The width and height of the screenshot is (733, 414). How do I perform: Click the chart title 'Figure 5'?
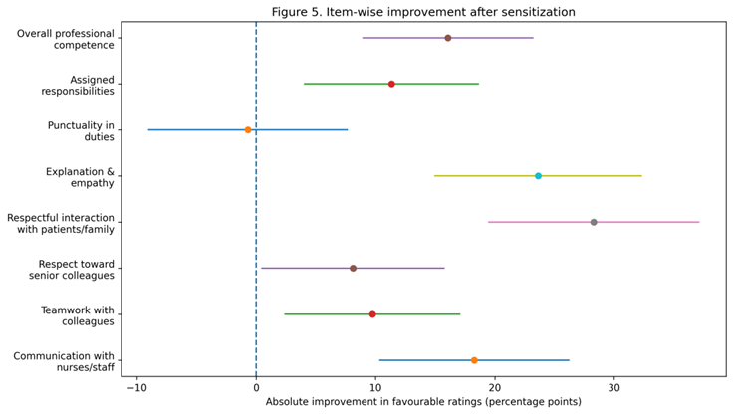click(423, 12)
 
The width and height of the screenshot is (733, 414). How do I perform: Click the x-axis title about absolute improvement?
click(423, 402)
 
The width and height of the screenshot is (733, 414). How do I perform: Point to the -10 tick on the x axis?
click(137, 387)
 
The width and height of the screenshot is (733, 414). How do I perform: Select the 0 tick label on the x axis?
click(256, 387)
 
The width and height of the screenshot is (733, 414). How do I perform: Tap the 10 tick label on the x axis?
click(375, 387)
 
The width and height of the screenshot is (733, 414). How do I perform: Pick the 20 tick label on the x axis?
click(495, 387)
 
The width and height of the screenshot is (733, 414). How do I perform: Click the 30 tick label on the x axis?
click(613, 387)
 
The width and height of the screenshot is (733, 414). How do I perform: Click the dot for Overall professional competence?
click(448, 38)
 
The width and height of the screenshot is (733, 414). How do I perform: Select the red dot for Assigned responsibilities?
click(391, 84)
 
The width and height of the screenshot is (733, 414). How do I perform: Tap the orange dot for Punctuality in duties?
click(248, 130)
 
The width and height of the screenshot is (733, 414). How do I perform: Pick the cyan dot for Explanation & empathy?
click(538, 176)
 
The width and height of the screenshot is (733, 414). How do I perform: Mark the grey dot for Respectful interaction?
click(594, 222)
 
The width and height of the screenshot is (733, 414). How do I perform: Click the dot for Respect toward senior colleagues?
click(353, 269)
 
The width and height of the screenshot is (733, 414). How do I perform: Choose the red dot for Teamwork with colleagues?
click(372, 314)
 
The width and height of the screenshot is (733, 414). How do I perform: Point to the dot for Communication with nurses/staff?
click(474, 360)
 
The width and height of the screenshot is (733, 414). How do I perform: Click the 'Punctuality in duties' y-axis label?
click(81, 131)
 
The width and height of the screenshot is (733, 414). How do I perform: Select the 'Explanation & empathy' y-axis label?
click(80, 177)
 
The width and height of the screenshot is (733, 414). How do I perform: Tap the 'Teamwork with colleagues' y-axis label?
click(78, 315)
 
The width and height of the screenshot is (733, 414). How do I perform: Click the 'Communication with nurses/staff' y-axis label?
click(64, 361)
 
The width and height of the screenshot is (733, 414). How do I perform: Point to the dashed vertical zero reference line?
click(256, 199)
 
